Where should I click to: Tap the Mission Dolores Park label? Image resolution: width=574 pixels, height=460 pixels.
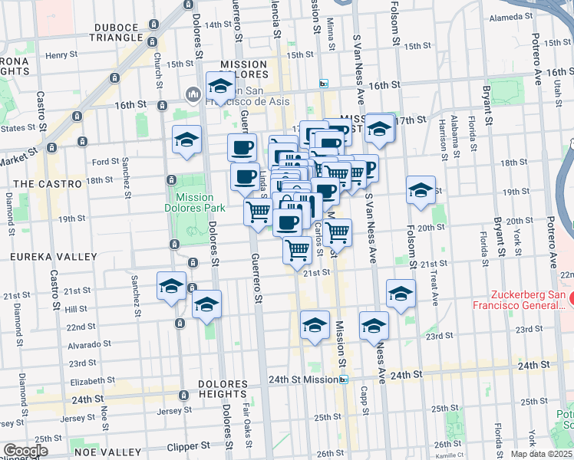pos(195,202)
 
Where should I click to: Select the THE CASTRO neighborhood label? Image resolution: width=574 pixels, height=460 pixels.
pos(41,184)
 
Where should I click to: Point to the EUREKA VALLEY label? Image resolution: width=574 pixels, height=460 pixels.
pos(46,258)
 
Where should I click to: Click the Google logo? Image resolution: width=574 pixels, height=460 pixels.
pos(25,452)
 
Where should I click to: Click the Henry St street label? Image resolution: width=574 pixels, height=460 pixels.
pos(58,55)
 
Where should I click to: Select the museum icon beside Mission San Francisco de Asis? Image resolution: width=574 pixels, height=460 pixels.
pos(192,94)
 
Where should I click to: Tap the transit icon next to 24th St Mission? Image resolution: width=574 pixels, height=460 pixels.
pos(344,379)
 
